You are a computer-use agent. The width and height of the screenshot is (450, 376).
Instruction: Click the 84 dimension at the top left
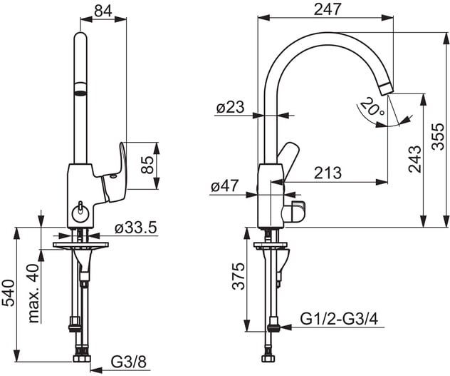point(103,11)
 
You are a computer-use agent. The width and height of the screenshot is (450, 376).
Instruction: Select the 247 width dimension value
point(328,9)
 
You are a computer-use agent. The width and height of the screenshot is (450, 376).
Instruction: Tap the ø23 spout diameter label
point(230,107)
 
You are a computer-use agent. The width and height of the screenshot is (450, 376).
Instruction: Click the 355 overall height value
point(438,136)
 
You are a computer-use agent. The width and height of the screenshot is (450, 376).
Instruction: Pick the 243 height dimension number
point(414,159)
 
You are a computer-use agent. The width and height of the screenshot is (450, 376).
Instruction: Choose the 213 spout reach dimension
point(328,173)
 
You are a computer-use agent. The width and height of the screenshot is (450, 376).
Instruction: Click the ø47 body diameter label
point(225,186)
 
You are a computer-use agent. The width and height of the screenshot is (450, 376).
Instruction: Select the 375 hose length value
point(239,276)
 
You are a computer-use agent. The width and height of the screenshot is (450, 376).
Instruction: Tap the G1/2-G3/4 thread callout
point(340,319)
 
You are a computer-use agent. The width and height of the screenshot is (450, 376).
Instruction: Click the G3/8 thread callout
point(129,362)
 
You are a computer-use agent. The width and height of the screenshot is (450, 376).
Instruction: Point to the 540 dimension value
point(9,293)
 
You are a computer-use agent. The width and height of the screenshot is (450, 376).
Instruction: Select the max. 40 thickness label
point(33,293)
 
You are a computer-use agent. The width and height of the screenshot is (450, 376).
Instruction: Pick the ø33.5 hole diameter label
point(136,228)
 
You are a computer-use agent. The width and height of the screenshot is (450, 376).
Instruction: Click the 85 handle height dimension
point(147,165)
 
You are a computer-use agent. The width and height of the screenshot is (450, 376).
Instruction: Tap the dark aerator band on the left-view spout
point(80,89)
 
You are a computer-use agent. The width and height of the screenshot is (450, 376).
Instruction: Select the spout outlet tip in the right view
point(387,89)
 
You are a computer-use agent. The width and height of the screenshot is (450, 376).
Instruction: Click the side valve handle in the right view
point(294,212)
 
